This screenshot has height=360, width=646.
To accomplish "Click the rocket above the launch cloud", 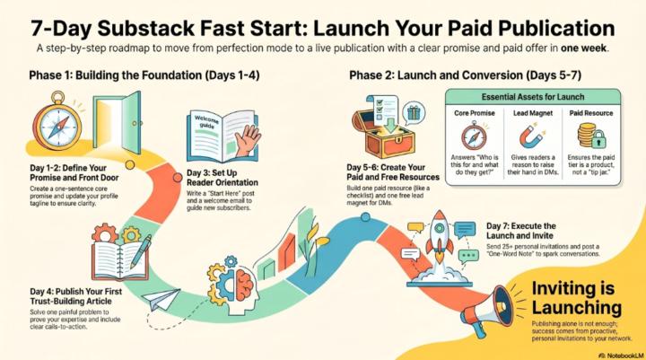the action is [x=439, y=238].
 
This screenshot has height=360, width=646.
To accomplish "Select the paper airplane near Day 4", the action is [x=161, y=299].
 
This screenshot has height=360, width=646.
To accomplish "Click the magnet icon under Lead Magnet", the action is [x=531, y=136].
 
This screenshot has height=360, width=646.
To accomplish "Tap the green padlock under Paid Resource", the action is [x=598, y=139].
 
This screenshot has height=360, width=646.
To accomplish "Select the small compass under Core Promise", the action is [x=474, y=136].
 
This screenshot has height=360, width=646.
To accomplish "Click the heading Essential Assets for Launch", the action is [x=533, y=97].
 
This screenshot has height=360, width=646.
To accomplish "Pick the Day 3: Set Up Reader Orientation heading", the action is [x=223, y=178].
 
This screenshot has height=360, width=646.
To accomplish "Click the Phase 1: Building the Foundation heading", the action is [x=144, y=75].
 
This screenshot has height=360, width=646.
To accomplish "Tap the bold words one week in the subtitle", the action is [x=583, y=48].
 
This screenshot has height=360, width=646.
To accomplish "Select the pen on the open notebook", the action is [x=141, y=251].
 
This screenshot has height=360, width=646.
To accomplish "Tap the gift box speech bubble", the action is [x=414, y=112].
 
